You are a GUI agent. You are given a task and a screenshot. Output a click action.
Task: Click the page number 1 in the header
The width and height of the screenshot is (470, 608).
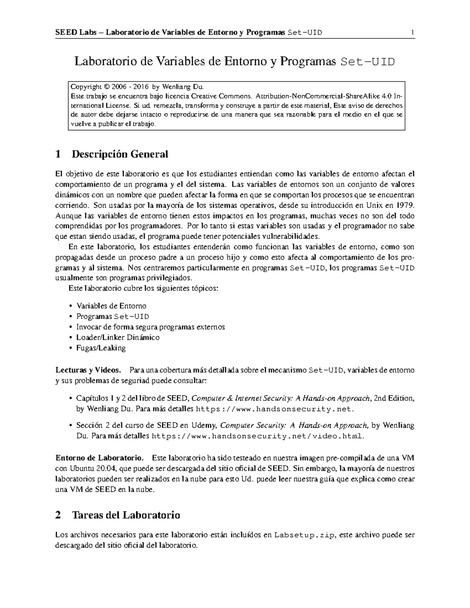tap(412, 32)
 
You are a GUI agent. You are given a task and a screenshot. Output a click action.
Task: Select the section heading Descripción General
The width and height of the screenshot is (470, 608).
tap(119, 154)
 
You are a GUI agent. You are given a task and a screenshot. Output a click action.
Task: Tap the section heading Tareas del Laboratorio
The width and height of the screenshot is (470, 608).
tap(126, 515)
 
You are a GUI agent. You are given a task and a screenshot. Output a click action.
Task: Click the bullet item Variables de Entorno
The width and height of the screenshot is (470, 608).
tap(111, 306)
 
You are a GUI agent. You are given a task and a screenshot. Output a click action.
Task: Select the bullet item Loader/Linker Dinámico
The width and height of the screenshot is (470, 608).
tap(118, 337)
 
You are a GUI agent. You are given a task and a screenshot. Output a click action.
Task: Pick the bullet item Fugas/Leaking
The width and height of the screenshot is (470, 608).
tap(101, 348)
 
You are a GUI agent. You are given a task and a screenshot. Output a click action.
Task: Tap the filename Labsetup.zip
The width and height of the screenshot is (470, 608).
tap(304, 535)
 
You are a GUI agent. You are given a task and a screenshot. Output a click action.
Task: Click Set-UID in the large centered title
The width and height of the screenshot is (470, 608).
tap(367, 62)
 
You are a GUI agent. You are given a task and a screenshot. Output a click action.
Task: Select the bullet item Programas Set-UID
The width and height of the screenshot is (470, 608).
tap(113, 316)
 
